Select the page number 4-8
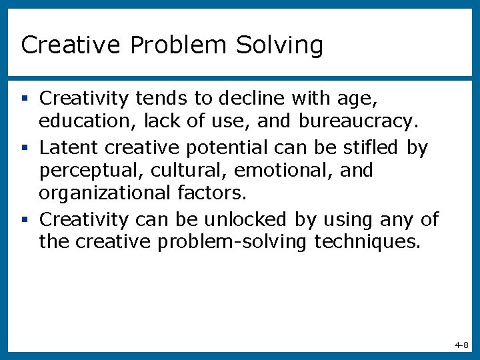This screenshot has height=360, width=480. [461, 345]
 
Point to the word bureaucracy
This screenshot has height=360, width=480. [359, 122]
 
